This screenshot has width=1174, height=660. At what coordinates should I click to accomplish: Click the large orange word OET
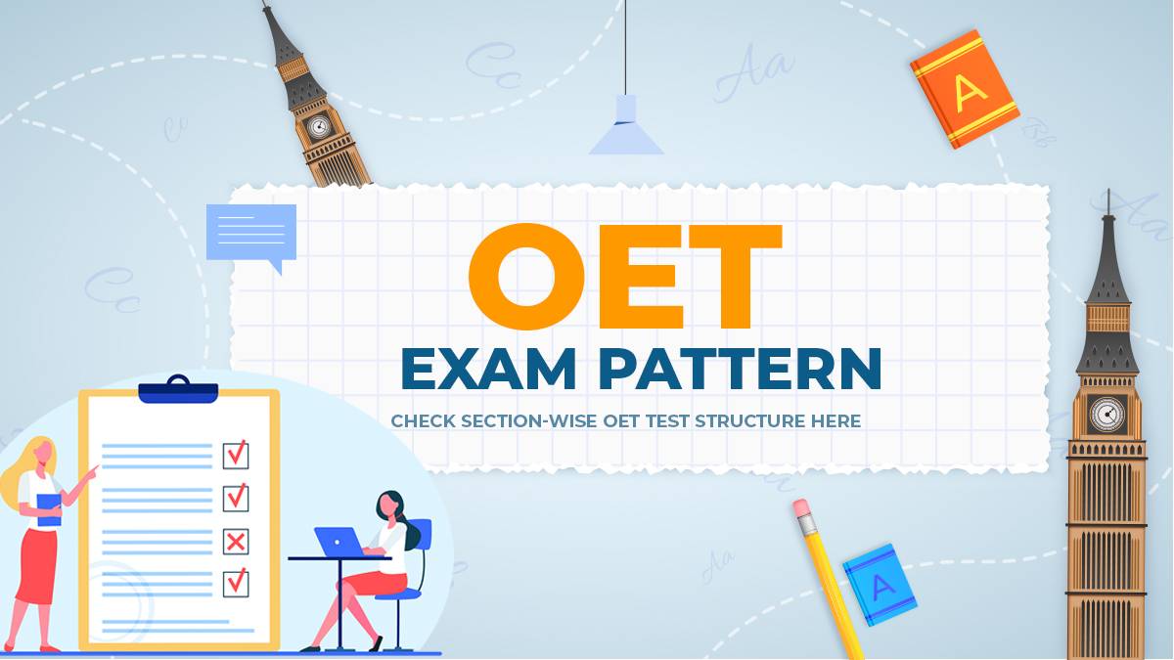tap(626, 279)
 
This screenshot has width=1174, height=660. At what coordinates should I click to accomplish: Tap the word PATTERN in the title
tap(740, 369)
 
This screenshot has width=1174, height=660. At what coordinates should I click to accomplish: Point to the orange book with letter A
tap(965, 88)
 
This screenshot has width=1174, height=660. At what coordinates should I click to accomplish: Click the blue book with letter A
tap(880, 585)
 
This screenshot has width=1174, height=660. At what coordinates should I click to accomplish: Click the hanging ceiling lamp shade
tap(626, 127)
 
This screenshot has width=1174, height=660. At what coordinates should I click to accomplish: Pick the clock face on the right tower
tap(1107, 414)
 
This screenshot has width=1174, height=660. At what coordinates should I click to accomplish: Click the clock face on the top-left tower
tap(318, 126)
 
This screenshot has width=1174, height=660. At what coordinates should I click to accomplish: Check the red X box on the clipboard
tap(236, 541)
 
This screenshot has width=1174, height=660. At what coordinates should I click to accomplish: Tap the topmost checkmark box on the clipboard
tap(236, 455)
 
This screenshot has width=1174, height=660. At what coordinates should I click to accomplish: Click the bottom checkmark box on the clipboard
tap(236, 583)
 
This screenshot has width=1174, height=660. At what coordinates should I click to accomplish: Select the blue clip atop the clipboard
tap(178, 391)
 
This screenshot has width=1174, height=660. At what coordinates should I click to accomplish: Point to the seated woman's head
tap(388, 505)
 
